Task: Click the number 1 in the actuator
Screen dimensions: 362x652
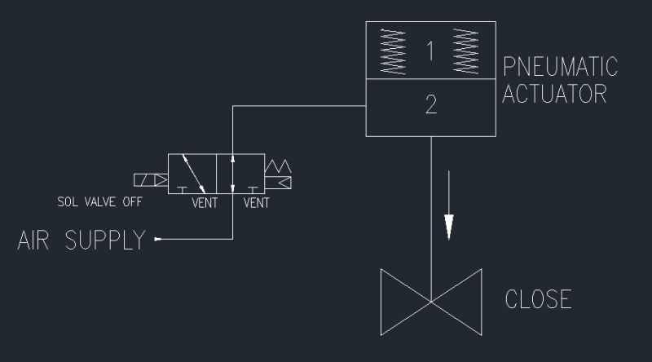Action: pyautogui.click(x=430, y=51)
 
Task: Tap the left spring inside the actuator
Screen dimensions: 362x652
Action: pyautogui.click(x=391, y=52)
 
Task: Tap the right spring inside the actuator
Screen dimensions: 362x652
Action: pyautogui.click(x=467, y=52)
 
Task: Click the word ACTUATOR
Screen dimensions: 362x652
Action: pyautogui.click(x=555, y=92)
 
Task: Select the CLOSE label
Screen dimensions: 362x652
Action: pyautogui.click(x=539, y=298)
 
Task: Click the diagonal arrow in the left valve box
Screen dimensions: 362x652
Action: pyautogui.click(x=192, y=172)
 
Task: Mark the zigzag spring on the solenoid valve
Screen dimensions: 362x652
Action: pyautogui.click(x=280, y=166)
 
